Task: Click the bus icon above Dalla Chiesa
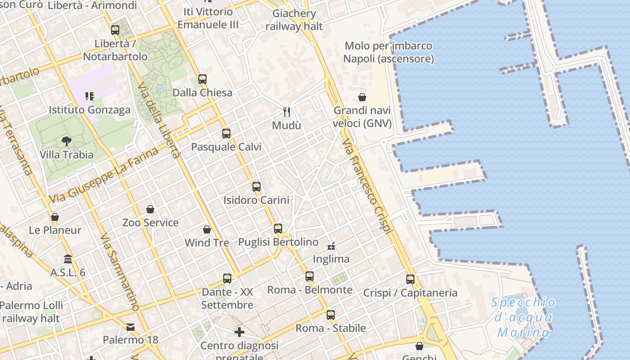tap(202, 79)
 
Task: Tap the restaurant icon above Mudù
tap(286, 111)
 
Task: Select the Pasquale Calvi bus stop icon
tap(226, 133)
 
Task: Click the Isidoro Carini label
tap(256, 200)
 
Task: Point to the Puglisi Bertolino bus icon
tap(278, 228)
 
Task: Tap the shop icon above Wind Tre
tap(207, 229)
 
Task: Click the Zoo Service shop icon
tap(150, 209)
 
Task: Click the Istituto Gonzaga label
tap(90, 110)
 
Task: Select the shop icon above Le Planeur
tap(55, 217)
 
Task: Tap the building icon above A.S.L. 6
tap(68, 259)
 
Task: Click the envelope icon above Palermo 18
tap(130, 327)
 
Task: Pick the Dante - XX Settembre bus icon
tap(227, 279)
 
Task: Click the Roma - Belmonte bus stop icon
tap(310, 276)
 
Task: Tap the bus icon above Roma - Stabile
tap(331, 315)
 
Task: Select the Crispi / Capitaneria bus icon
tap(410, 279)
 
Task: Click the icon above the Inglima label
tap(331, 246)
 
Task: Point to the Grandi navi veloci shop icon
tap(362, 97)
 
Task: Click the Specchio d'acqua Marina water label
tap(523, 317)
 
